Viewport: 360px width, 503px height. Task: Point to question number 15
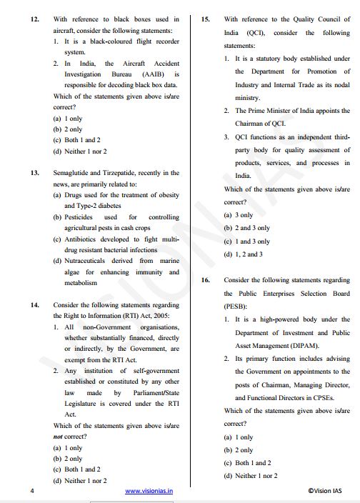point(206,19)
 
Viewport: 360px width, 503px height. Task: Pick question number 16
point(206,280)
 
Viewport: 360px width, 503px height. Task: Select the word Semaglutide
point(72,173)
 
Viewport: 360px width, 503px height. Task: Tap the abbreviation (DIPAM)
point(265,346)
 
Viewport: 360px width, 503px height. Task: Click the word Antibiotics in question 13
point(79,239)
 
